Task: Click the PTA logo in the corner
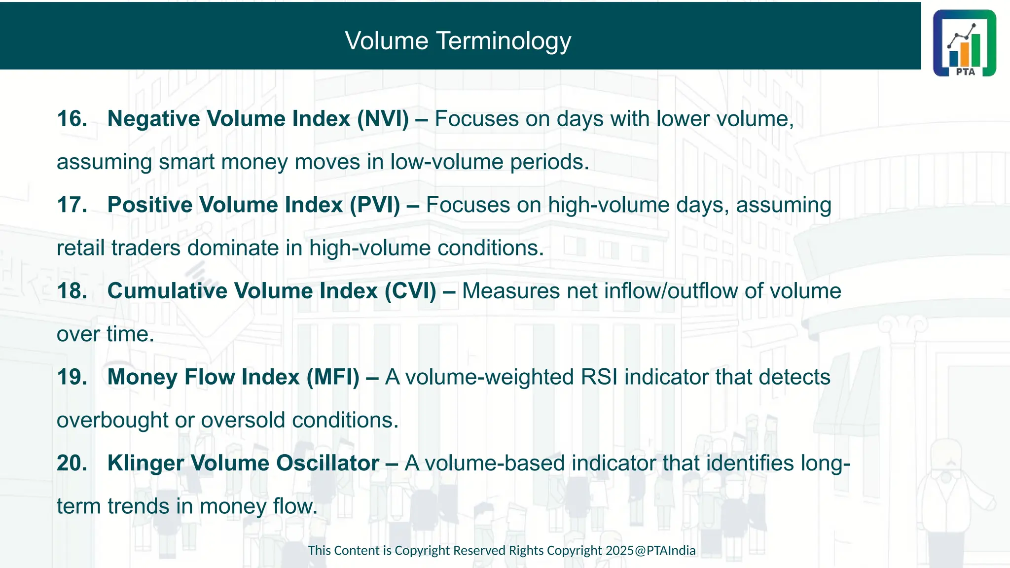coord(964,43)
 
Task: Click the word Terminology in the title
coord(504,41)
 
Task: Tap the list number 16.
coord(72,119)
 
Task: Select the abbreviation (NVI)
coord(383,119)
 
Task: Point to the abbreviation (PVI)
coord(375,205)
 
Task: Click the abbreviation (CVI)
coord(410,291)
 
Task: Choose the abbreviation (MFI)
coord(333,377)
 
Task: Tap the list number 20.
coord(72,463)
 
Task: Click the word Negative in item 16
coord(154,119)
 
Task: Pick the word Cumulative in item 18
coord(167,291)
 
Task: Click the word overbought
coord(112,421)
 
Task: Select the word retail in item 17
coord(81,248)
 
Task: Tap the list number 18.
coord(72,291)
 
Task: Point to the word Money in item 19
coord(143,377)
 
